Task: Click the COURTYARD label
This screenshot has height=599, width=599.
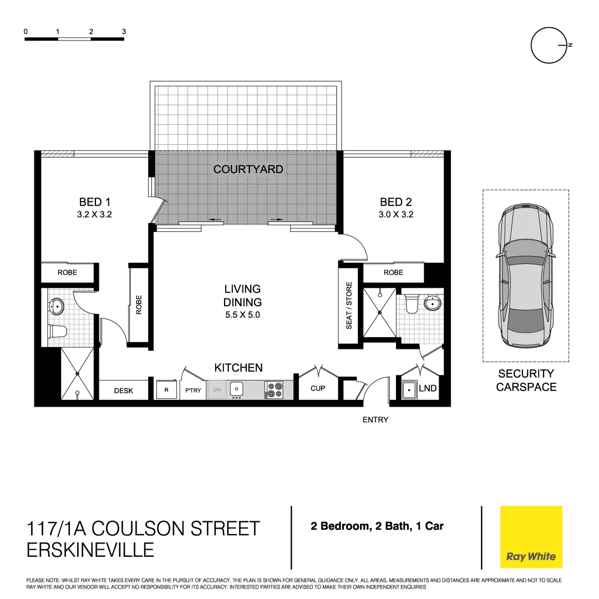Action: point(248,169)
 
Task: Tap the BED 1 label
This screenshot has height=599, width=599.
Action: point(94,202)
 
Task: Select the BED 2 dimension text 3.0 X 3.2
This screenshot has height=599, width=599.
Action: point(396,215)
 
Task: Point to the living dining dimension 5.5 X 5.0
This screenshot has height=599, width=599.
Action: point(242,315)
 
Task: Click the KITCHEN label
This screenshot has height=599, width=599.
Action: point(238,368)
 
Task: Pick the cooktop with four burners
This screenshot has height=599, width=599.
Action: point(273,390)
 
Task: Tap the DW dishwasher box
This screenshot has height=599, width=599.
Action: point(217,390)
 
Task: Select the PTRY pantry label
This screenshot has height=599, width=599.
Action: point(193,390)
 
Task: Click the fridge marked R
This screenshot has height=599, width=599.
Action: point(166,390)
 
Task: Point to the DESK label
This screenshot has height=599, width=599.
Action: point(124,390)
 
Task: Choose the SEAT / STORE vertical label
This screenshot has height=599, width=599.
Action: point(349,306)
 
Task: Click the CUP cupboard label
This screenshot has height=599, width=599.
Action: point(318,388)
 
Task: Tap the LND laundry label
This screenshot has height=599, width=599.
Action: point(428,389)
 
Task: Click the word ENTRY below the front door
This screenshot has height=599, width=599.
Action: point(375,420)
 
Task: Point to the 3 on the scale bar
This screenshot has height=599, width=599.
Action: point(124,32)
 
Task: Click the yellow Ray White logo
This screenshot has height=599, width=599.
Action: point(531,536)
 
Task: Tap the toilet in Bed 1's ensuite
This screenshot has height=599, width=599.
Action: point(58,331)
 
